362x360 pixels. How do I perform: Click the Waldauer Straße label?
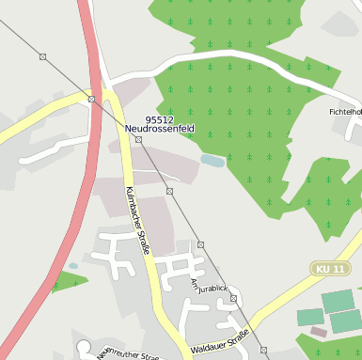pos(220,342)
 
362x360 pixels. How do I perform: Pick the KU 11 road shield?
pos(330,270)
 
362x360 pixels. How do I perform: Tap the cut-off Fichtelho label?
pos(345,112)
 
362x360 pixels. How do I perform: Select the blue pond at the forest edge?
pos(212,161)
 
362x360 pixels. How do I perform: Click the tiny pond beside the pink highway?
pos(73,267)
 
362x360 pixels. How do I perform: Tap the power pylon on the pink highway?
pos(91,98)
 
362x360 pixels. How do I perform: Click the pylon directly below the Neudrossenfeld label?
pos(138,139)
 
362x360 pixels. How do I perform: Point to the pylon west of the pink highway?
pos(42,57)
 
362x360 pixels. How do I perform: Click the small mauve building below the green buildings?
pos(319,332)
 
